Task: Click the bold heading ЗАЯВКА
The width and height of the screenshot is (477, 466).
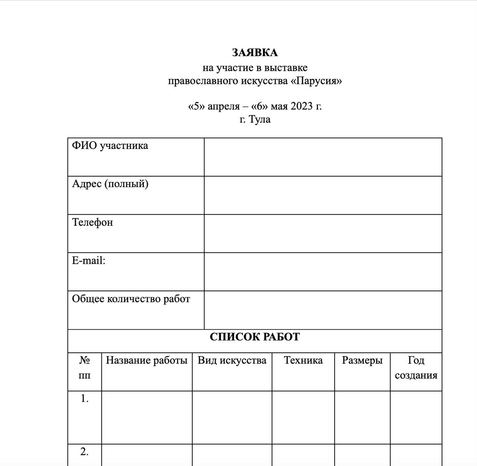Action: [x=255, y=53]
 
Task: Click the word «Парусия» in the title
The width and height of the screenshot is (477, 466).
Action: [x=316, y=81]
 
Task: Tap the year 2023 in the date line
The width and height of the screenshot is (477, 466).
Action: [x=301, y=106]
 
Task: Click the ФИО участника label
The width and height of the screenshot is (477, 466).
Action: [x=110, y=146]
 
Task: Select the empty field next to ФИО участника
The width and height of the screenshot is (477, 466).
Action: [x=323, y=157]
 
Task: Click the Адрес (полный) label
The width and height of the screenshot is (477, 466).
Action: [x=110, y=184]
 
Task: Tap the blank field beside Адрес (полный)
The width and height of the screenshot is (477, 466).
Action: [x=323, y=195]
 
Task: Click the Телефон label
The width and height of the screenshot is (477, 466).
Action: [x=92, y=222]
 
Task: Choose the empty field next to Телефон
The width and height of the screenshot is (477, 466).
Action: [x=323, y=234]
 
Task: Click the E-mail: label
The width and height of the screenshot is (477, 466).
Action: [x=89, y=260]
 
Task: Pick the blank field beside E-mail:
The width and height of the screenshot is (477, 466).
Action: [x=323, y=272]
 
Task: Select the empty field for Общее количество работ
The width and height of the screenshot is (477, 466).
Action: [x=323, y=310]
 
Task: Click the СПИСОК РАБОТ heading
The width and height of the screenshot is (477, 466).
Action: [x=255, y=337]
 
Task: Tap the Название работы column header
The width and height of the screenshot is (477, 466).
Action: [x=146, y=360]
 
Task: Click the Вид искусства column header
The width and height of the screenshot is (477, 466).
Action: [x=232, y=360]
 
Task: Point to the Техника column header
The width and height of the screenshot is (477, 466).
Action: [x=303, y=360]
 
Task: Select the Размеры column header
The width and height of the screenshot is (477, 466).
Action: [x=362, y=360]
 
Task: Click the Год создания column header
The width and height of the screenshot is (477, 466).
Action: [x=416, y=368]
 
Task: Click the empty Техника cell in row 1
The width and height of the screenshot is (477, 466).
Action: [x=303, y=417]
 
